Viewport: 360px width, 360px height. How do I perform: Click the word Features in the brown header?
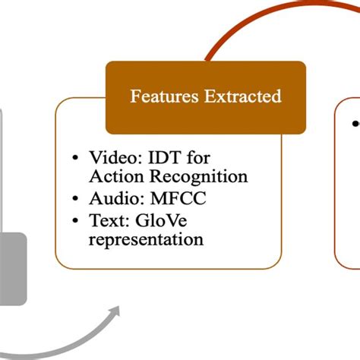pos(161,96)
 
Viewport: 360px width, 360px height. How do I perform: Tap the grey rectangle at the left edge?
pos(11,270)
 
